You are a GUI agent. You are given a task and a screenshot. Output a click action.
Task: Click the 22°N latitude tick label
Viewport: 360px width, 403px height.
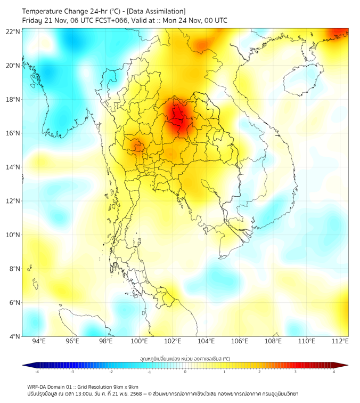(x=13, y=32)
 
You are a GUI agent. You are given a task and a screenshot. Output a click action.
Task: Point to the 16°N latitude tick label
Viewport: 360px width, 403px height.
(x=13, y=133)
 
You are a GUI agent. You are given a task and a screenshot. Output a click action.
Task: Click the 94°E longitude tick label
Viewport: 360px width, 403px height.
(x=39, y=341)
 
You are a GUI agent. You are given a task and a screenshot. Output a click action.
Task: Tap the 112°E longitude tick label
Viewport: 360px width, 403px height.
(x=340, y=341)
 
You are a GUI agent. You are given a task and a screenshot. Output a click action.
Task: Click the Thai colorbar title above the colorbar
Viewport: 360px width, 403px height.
(x=185, y=358)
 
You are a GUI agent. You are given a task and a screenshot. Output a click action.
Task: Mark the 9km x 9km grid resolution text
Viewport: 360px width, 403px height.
(x=126, y=386)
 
